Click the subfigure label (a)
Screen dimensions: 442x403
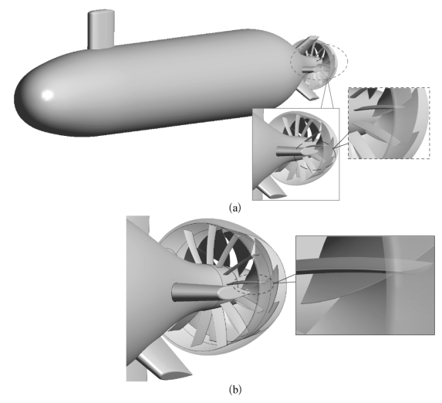tap(235, 208)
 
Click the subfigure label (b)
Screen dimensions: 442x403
tap(235, 390)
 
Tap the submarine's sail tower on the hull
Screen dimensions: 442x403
tap(101, 29)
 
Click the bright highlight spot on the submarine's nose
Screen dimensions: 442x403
tap(47, 94)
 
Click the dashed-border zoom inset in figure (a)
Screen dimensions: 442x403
tap(389, 123)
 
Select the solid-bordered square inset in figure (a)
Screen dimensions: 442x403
tap(295, 154)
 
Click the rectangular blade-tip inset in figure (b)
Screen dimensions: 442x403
tap(365, 286)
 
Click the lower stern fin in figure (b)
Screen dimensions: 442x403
tap(164, 366)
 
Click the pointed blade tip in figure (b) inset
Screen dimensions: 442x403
tap(432, 263)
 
